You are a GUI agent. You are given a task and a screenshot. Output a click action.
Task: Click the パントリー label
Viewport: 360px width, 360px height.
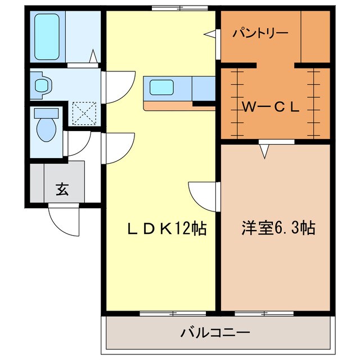[260, 32]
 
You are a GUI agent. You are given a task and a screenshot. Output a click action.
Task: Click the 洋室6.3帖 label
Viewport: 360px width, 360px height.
[278, 228]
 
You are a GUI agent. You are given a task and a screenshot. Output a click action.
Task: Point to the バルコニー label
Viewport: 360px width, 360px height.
[215, 332]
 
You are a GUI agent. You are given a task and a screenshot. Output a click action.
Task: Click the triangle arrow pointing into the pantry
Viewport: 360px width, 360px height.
[210, 35]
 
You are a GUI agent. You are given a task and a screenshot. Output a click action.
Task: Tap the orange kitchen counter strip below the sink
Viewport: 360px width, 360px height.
[169, 105]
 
